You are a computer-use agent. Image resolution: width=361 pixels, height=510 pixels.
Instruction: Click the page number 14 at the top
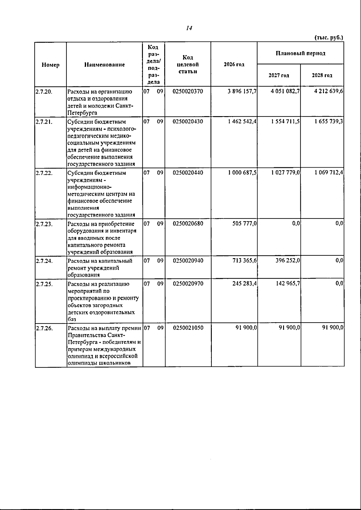(189, 28)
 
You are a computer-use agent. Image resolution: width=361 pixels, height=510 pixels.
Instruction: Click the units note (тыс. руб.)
(329, 38)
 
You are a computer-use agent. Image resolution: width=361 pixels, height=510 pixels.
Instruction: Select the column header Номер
(51, 65)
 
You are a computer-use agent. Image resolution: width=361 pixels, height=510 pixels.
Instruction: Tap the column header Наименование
(104, 65)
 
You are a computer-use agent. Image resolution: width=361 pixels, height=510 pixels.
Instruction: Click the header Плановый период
(301, 54)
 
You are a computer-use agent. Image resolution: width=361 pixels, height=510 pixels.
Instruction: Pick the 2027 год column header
(279, 76)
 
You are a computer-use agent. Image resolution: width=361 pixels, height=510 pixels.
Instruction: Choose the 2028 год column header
(322, 76)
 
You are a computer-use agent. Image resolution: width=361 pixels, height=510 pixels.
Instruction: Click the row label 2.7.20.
(44, 91)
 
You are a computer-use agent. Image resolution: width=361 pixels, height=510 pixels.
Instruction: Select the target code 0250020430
(188, 121)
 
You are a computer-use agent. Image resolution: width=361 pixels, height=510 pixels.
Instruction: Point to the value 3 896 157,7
(242, 91)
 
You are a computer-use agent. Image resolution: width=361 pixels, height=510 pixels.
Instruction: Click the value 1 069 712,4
(329, 172)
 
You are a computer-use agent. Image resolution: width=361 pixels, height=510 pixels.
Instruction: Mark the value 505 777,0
(245, 224)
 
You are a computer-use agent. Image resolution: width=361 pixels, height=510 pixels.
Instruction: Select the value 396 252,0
(288, 261)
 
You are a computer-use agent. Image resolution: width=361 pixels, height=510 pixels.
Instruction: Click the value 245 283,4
(245, 283)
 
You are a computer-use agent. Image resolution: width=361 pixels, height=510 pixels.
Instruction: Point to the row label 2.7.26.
(44, 328)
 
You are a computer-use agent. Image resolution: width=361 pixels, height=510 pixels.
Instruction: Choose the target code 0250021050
(188, 328)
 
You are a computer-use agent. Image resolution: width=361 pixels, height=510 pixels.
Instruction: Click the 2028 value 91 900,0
(333, 328)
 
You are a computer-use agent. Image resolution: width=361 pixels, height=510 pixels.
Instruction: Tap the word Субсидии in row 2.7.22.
(80, 173)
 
